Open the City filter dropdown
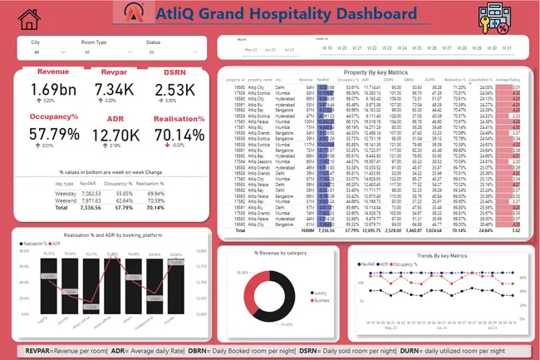coord(52,52)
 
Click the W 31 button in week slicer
coord(503,47)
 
